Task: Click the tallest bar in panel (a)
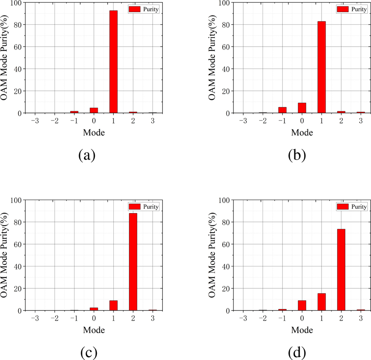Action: (x=113, y=62)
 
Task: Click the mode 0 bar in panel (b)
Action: (x=302, y=108)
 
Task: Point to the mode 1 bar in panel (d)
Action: (x=322, y=302)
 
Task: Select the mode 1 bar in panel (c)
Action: (x=113, y=306)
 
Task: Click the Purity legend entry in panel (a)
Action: (x=144, y=9)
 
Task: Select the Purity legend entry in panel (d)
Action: (x=352, y=207)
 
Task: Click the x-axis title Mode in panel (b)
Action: (x=302, y=132)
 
